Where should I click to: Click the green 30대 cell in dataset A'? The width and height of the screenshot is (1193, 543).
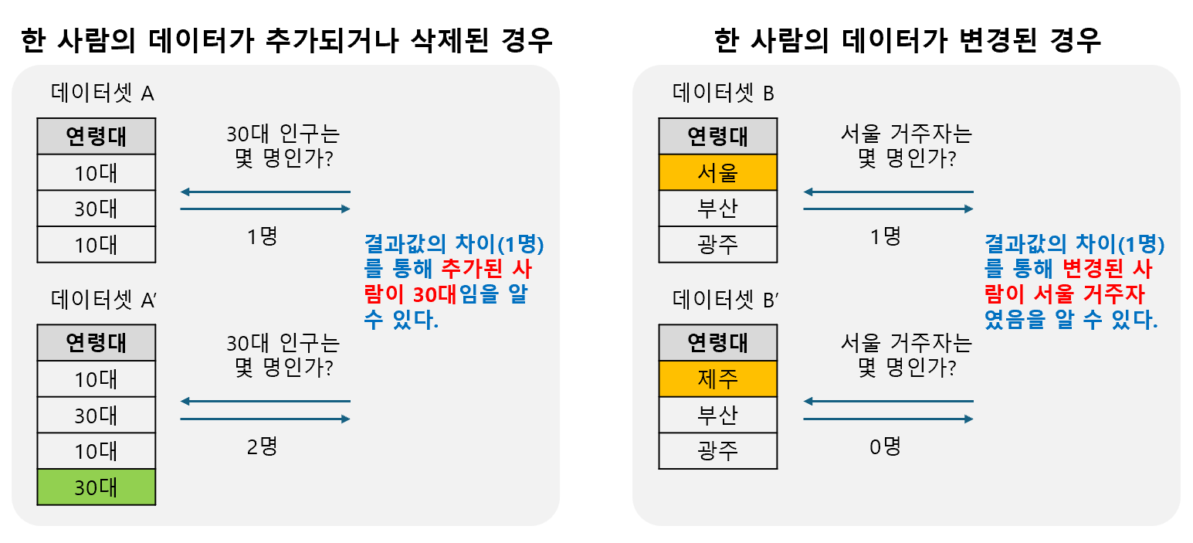point(97,487)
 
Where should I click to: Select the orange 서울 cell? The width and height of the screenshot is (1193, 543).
point(717,172)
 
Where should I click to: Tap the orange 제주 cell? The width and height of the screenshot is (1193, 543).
point(717,378)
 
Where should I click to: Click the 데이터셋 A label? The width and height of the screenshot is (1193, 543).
point(103,94)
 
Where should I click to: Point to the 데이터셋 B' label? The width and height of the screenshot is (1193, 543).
point(724,300)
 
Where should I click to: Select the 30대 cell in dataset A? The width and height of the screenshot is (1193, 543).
point(97,209)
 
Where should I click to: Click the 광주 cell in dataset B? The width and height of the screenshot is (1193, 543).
point(717,244)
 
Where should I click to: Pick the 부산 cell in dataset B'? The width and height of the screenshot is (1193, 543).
point(717,415)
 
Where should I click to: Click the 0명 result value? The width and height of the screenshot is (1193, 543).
point(885,446)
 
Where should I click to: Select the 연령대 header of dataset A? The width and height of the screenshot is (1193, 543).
point(97,137)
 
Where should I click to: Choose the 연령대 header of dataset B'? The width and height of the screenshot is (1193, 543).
point(717,343)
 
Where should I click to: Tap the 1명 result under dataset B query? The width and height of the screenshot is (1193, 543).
point(885,236)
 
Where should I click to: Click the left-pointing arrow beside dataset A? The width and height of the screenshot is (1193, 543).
point(265,192)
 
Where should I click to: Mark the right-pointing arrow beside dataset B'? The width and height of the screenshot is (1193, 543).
point(888,419)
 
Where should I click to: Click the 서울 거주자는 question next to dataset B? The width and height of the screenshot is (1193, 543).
point(906,135)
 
